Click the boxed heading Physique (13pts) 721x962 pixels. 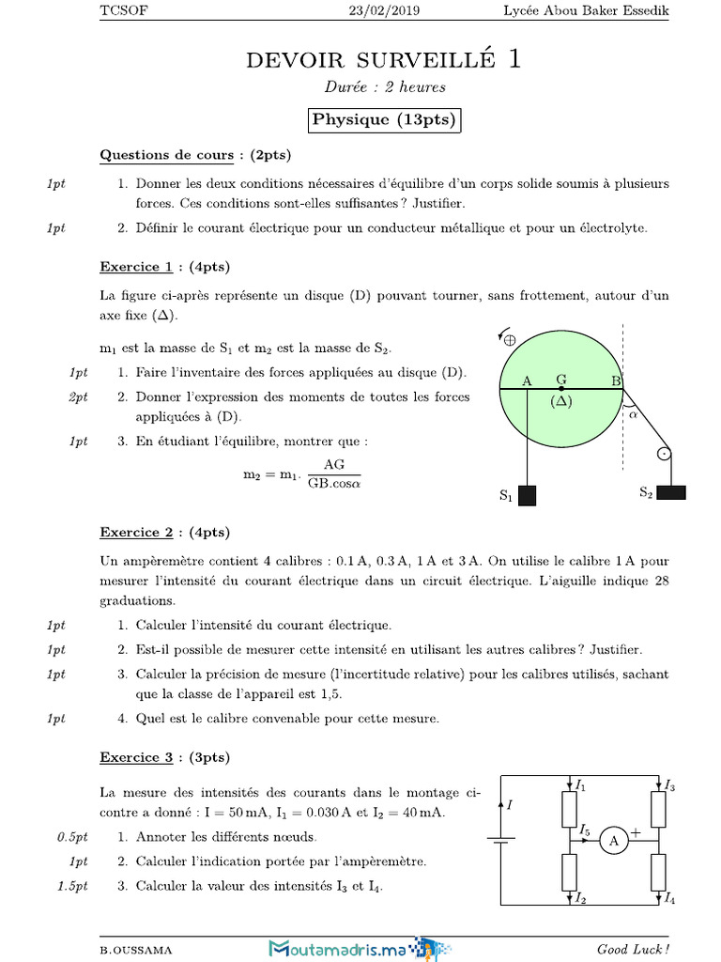point(384,120)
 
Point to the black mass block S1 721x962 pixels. point(527,495)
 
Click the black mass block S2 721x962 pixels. point(671,491)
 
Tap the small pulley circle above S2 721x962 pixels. point(664,454)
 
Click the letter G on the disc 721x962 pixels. point(560,380)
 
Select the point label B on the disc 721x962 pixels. point(616,380)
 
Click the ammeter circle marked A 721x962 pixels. point(613,842)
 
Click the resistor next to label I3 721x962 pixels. point(659,809)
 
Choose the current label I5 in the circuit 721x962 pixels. point(585,830)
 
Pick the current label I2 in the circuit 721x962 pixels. point(582,900)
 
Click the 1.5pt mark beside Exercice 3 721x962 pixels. point(71,885)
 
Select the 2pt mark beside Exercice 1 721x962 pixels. point(79,397)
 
